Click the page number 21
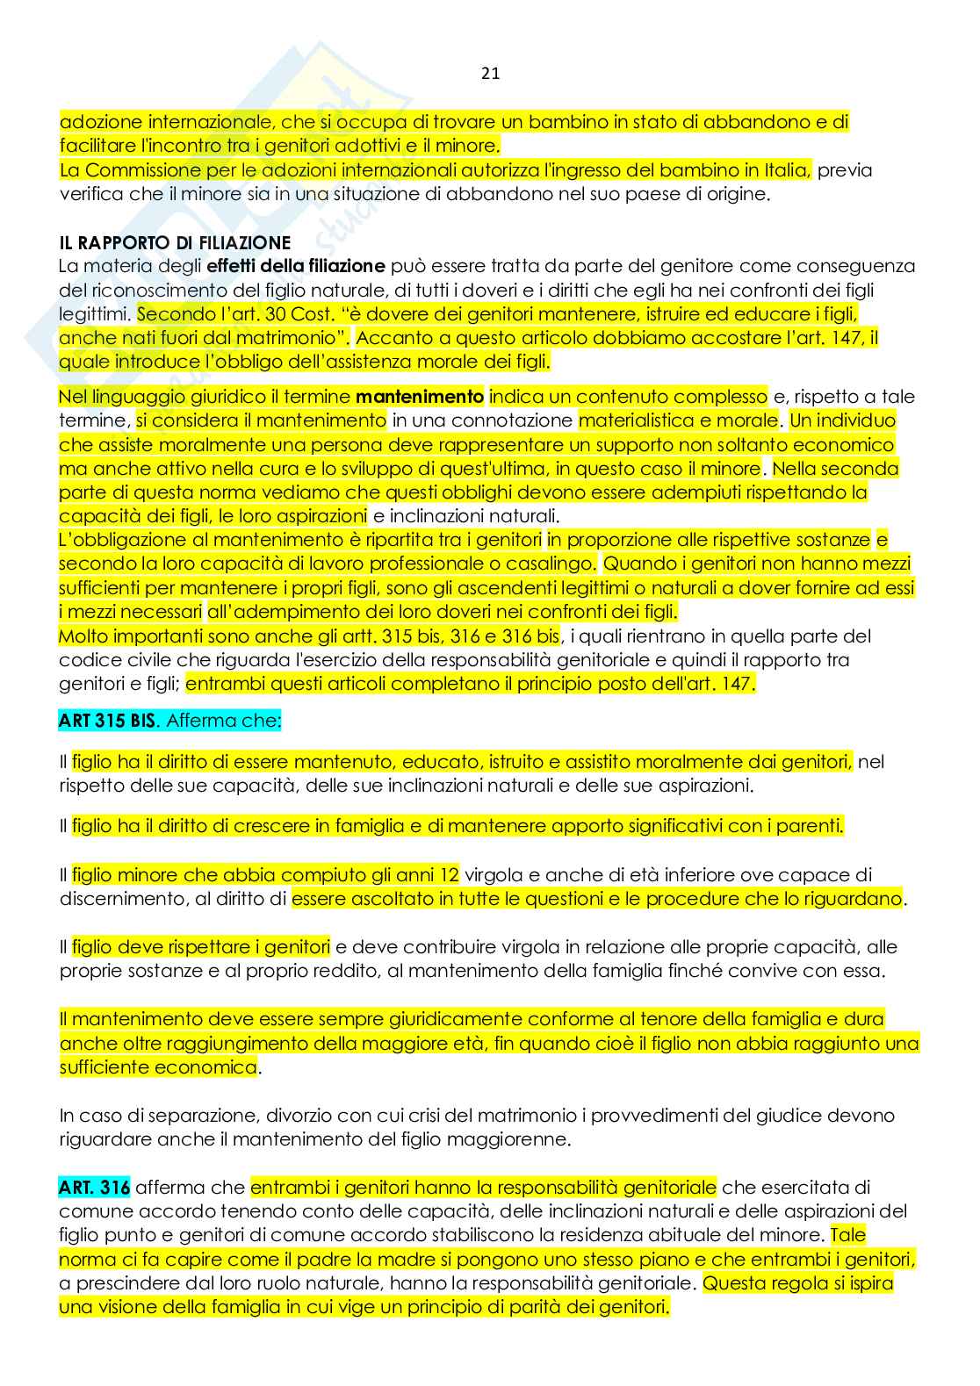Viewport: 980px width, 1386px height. click(490, 74)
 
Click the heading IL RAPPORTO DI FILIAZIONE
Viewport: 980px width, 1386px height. click(175, 242)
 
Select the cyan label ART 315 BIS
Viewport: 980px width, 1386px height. click(107, 721)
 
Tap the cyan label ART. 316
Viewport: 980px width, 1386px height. click(94, 1188)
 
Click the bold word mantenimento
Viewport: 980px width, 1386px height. click(419, 397)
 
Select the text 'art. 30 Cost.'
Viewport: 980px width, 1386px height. click(273, 314)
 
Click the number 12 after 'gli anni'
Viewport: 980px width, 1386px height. click(449, 875)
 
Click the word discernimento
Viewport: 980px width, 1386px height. click(126, 899)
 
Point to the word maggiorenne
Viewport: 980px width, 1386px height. click(515, 1139)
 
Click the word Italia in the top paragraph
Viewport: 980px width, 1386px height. click(787, 170)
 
